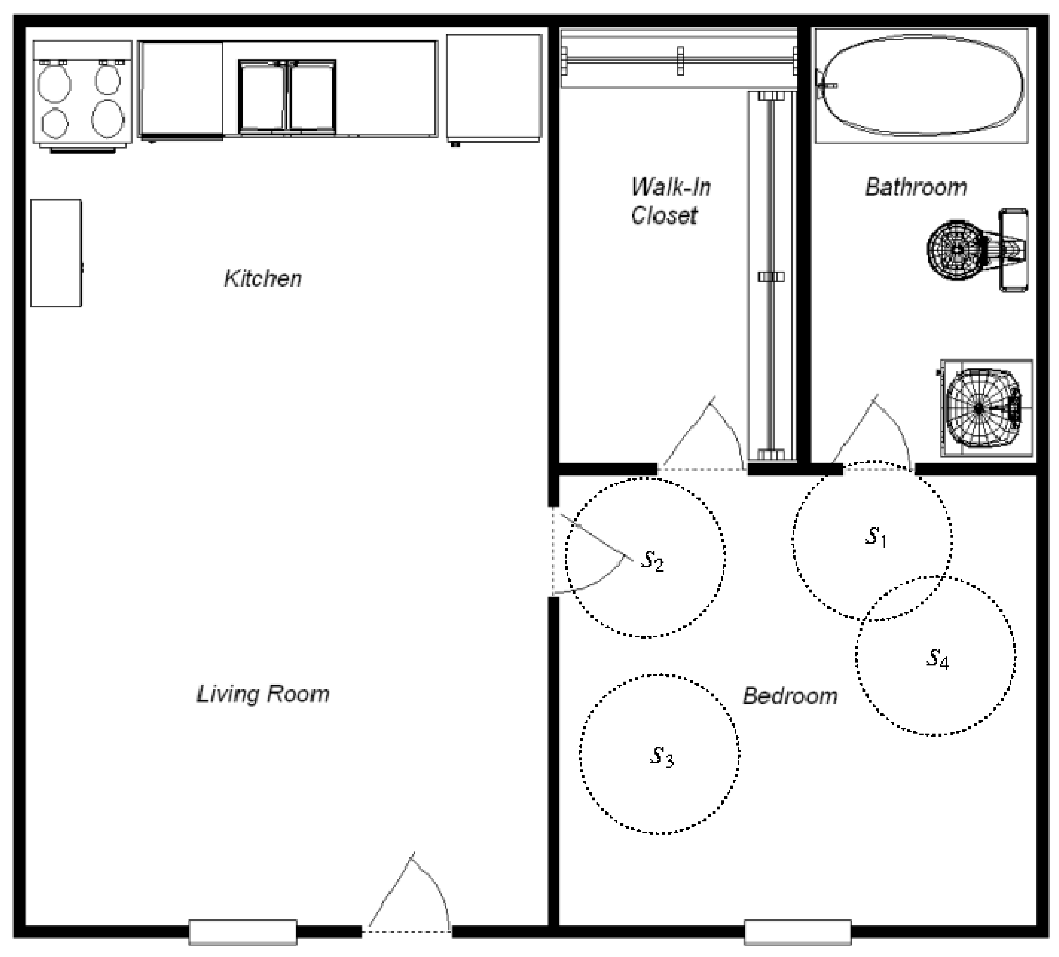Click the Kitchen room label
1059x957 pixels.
click(263, 279)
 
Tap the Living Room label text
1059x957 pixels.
click(263, 694)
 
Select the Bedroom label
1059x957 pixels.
click(790, 696)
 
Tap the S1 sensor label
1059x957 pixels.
click(876, 537)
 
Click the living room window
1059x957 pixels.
click(243, 932)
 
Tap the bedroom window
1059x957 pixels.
click(798, 932)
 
